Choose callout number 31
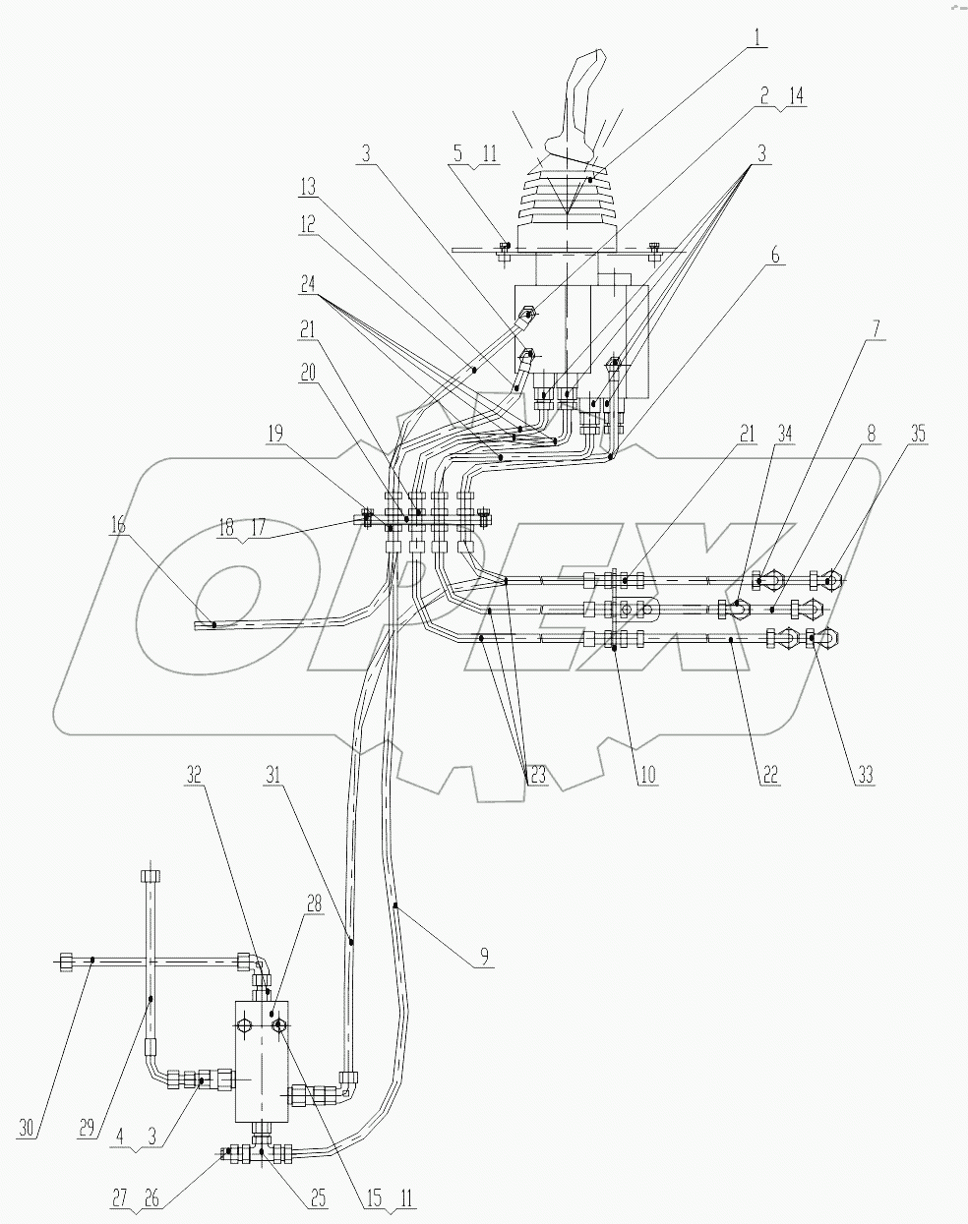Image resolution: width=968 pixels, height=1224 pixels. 272,774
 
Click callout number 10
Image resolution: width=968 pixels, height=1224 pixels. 645,774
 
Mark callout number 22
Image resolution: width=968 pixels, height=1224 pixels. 769,774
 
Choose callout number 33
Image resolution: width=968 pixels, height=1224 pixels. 863,774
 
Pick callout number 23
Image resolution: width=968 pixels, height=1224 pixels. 537,774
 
